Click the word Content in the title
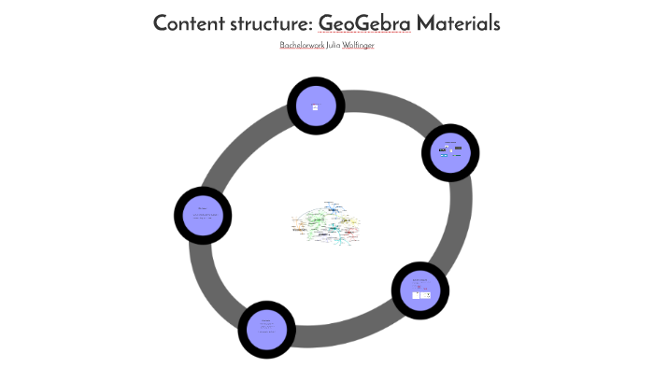point(192,23)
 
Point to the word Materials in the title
point(458,23)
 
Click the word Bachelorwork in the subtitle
point(302,45)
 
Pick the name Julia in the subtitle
point(334,45)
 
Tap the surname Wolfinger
point(359,45)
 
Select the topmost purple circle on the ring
point(315,106)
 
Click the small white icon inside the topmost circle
point(315,107)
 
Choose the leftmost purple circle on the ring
point(203,217)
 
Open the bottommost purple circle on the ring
point(267,329)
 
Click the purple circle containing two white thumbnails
point(419,290)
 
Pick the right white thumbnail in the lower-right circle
point(425,294)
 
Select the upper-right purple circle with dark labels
point(450,152)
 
